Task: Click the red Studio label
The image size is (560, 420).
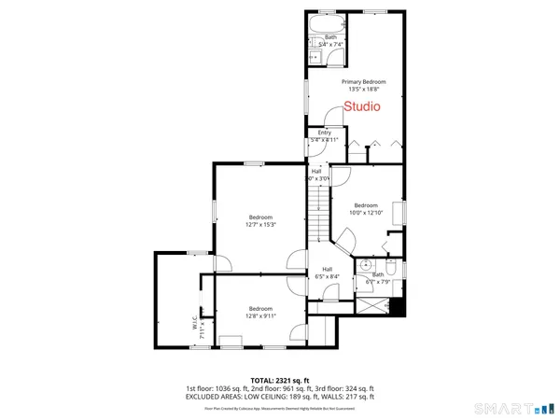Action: [x=362, y=106]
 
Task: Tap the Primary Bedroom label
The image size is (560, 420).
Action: [x=362, y=82]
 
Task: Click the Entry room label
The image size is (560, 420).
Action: [x=325, y=133]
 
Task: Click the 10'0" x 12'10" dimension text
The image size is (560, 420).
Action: [x=366, y=212]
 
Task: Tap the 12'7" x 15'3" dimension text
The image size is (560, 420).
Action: [x=260, y=224]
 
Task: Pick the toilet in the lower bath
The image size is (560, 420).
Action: [x=393, y=268]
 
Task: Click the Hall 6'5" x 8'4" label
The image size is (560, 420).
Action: [x=321, y=274]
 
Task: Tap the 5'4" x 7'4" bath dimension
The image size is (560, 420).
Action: [x=331, y=44]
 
